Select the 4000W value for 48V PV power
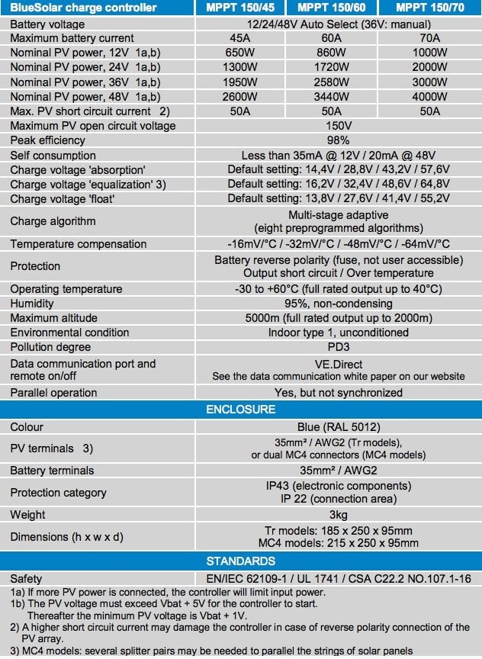point(430,97)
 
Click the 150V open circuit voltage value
point(338,126)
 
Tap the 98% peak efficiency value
point(338,140)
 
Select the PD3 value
point(338,347)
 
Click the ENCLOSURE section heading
point(241,410)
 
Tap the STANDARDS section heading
point(241,561)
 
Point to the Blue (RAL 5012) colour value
point(338,427)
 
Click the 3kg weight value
point(338,515)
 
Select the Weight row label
point(27,515)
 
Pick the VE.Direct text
point(338,364)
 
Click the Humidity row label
point(32,304)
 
